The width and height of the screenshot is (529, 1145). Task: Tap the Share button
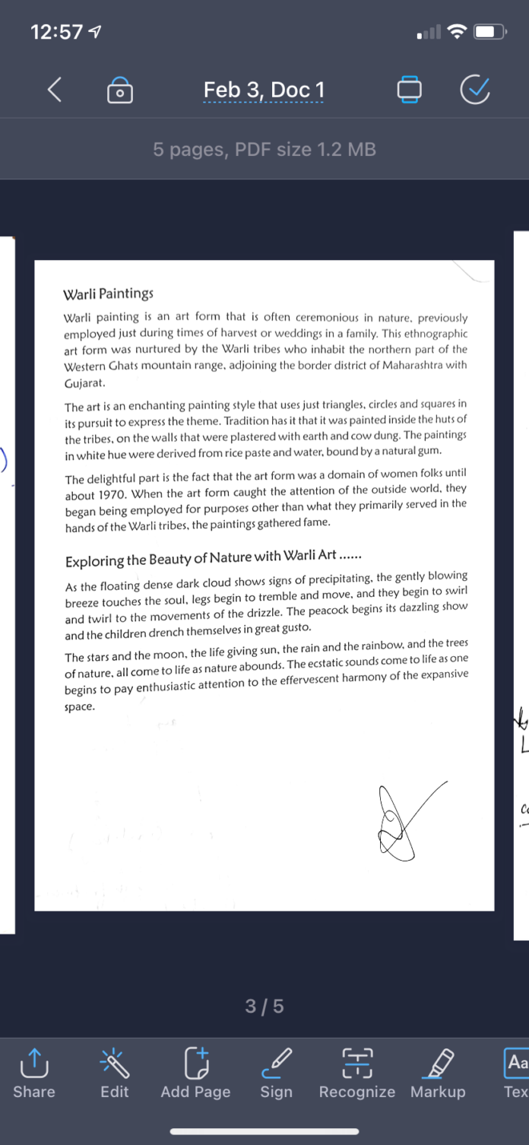pos(34,1072)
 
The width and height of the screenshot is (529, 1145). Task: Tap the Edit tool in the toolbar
pos(115,1072)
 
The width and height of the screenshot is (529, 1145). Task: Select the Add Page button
pos(195,1072)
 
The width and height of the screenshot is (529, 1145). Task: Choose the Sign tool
pos(276,1072)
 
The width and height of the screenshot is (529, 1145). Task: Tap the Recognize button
pos(356,1072)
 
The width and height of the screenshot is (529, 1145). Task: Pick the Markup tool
pos(438,1072)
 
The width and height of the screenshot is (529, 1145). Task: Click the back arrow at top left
pos(55,90)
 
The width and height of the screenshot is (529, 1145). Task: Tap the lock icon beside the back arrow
pos(120,90)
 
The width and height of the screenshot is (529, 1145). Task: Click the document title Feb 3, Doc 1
pos(264,90)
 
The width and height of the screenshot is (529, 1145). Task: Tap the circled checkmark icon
pos(475,90)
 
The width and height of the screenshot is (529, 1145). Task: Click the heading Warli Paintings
pos(108,293)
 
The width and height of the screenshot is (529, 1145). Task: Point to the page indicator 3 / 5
pos(264,1007)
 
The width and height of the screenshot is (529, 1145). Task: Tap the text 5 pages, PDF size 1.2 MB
pos(264,150)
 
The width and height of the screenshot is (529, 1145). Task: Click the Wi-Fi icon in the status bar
pos(457,32)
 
